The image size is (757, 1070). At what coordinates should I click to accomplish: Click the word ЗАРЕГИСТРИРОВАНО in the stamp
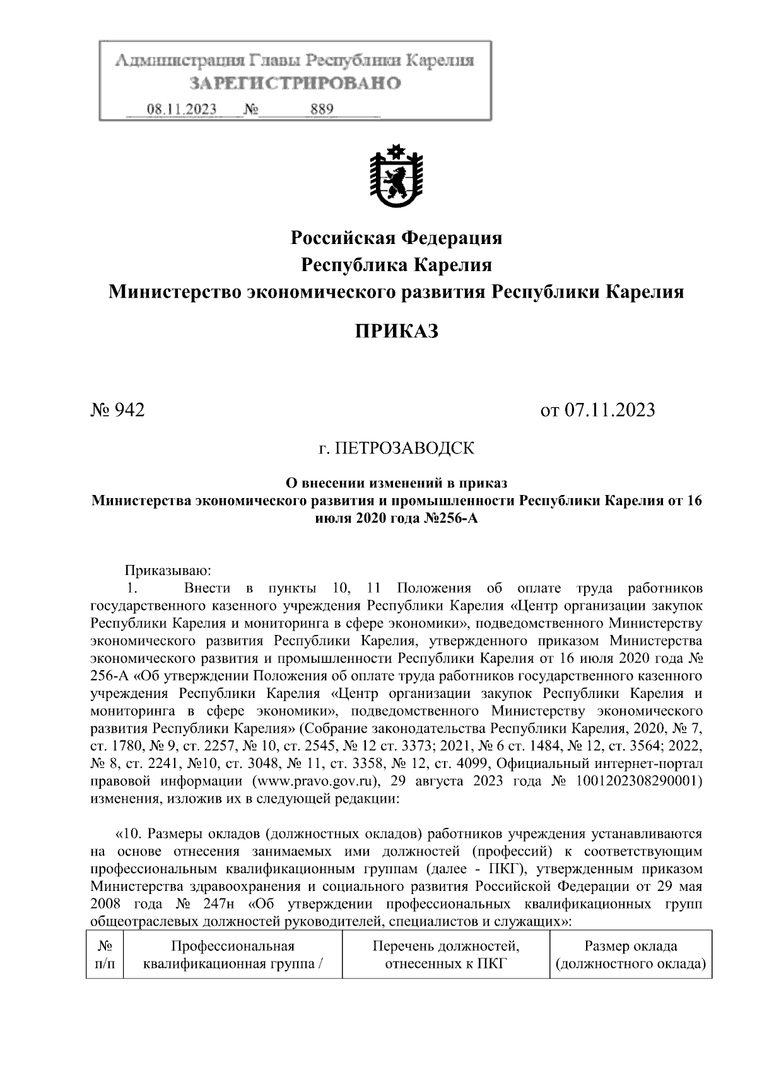(x=296, y=84)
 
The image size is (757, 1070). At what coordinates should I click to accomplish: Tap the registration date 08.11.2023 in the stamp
(x=182, y=110)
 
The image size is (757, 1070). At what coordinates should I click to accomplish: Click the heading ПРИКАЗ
(x=396, y=330)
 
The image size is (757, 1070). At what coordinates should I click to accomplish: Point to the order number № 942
(x=118, y=410)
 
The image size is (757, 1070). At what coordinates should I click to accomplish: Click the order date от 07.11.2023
(x=597, y=410)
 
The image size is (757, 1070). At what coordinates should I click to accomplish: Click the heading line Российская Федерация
(x=396, y=238)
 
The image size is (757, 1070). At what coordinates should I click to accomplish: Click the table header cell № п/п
(x=104, y=955)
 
